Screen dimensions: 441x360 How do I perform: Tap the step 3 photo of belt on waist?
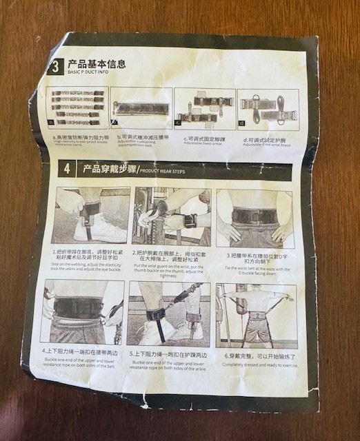pyautogui.click(x=254, y=218)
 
